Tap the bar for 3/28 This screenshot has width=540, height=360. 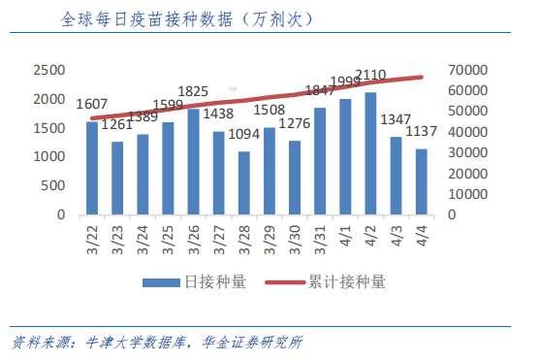243,182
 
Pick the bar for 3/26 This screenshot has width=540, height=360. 193,161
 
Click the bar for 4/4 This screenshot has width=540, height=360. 422,181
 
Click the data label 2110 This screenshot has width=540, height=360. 372,75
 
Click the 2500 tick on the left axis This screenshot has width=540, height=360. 49,71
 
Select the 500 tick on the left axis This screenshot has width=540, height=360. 55,185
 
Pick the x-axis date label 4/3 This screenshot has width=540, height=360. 397,236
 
